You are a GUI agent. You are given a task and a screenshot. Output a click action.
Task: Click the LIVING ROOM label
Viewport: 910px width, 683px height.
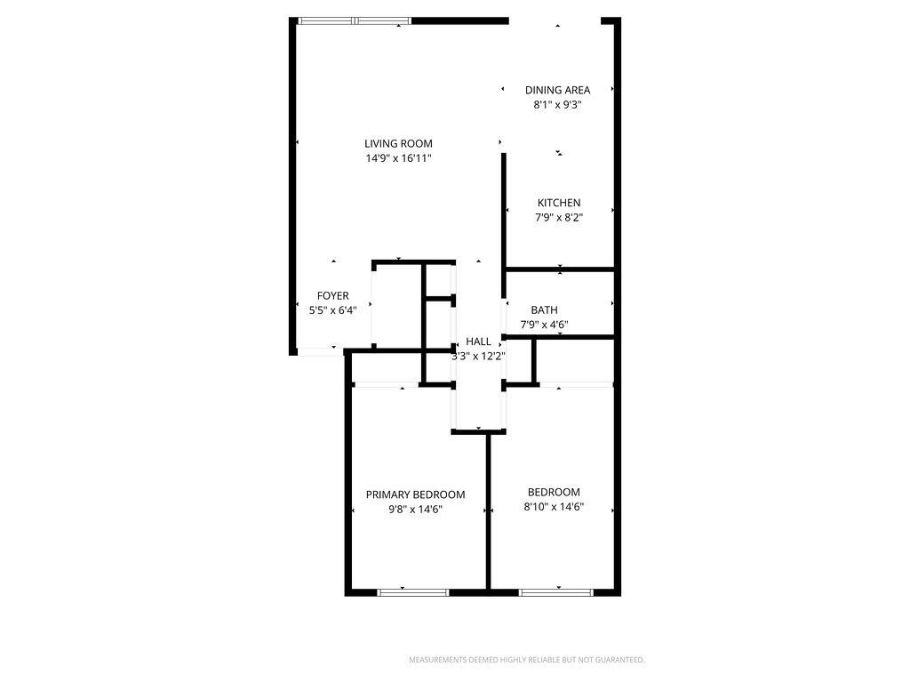(x=398, y=143)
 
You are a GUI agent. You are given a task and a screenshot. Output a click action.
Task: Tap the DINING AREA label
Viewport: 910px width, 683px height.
(x=557, y=90)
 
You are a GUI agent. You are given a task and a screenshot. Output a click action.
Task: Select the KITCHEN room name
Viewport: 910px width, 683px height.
(x=559, y=203)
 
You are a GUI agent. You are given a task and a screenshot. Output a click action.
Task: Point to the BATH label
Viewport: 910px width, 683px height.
(x=544, y=309)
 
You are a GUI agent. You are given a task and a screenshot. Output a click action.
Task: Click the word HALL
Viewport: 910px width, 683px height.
(x=479, y=341)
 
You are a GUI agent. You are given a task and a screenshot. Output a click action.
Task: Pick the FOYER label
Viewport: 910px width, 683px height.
(x=333, y=295)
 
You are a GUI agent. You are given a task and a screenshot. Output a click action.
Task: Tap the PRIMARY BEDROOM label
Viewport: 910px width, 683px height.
(x=415, y=494)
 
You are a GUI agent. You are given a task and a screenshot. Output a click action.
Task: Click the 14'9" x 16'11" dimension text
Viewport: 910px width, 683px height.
(x=398, y=158)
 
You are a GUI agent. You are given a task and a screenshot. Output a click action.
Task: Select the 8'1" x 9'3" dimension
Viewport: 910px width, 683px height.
(x=557, y=105)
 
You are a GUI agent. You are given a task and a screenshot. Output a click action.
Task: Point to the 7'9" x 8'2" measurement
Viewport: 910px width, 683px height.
(x=559, y=218)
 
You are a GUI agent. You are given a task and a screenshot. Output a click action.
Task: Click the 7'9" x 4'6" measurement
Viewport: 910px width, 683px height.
(x=544, y=325)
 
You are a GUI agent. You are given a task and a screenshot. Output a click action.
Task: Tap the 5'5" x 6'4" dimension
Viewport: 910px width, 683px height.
(x=333, y=310)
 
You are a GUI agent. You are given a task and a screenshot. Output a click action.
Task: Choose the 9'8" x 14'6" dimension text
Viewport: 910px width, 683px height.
(x=415, y=510)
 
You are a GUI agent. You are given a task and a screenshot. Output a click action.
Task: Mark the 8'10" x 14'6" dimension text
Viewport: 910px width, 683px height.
(x=554, y=507)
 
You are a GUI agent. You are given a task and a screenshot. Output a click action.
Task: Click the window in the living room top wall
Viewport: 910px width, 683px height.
(x=355, y=20)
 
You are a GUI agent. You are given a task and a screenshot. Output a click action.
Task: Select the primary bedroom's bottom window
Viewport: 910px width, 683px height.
(x=413, y=592)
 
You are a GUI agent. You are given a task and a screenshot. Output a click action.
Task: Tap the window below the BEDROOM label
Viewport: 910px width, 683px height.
(x=555, y=592)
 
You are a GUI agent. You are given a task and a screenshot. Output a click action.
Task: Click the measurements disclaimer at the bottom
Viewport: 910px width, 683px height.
(x=526, y=660)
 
